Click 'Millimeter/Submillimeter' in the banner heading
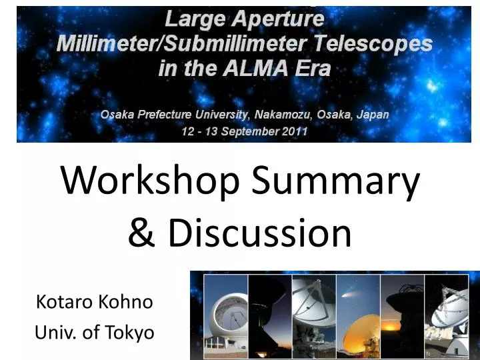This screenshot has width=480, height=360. point(175,45)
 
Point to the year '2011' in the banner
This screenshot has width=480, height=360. point(293,131)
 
